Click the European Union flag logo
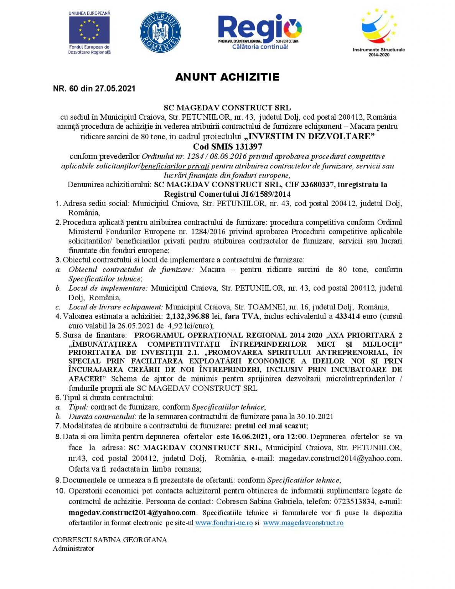point(89,30)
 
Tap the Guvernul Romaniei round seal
point(160,32)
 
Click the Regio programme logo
point(260,32)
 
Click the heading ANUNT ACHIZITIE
point(227,77)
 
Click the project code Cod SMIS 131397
point(227,146)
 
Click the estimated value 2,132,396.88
point(187,316)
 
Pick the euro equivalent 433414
point(347,316)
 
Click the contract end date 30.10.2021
point(315,416)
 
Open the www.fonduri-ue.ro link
point(224,523)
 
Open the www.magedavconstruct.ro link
point(303,523)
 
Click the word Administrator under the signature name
point(73,549)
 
